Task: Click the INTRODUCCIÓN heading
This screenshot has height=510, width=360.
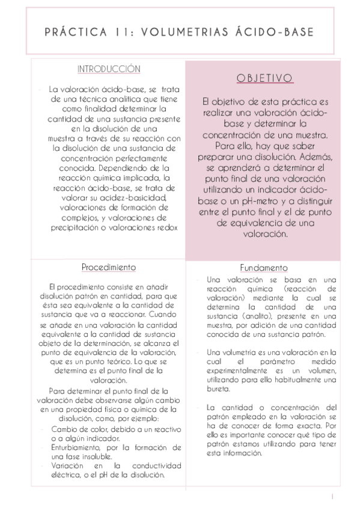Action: tap(109, 69)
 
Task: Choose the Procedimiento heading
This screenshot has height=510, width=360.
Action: tap(108, 266)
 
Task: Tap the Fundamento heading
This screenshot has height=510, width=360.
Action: tap(263, 268)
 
